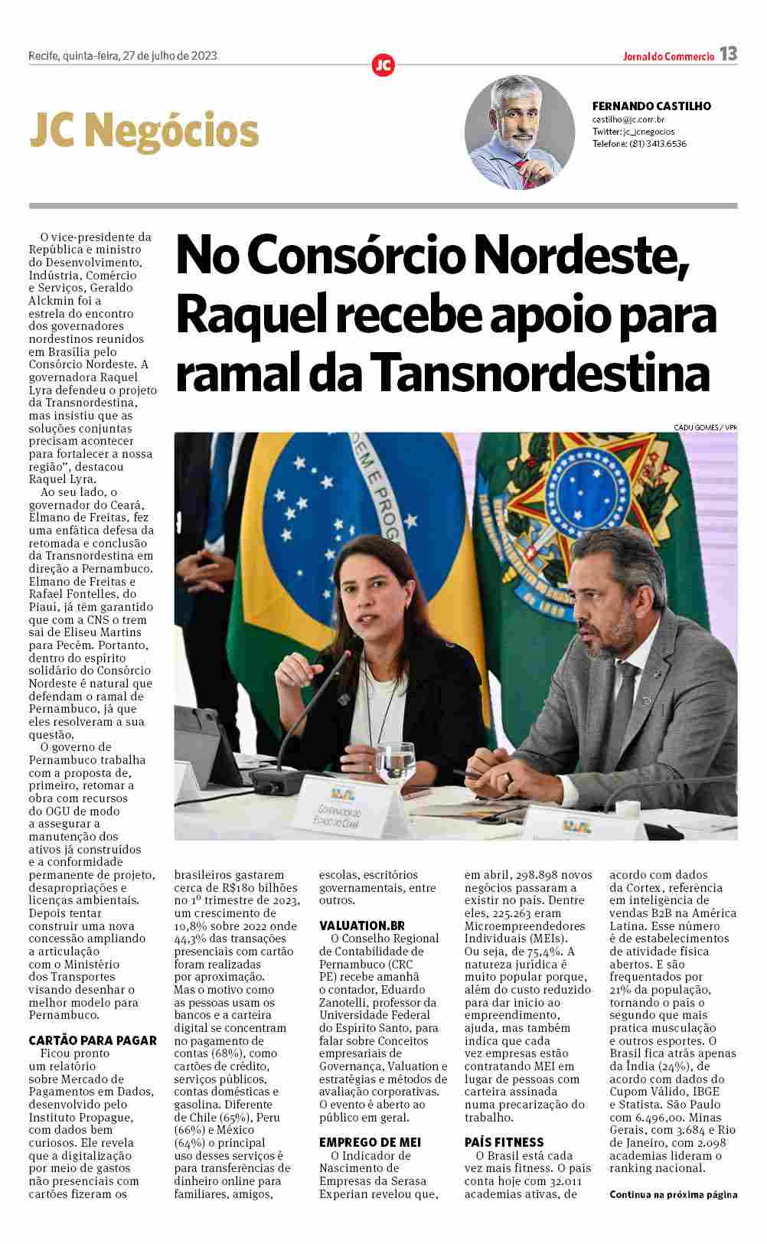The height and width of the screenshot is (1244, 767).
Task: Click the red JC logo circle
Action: [x=383, y=65]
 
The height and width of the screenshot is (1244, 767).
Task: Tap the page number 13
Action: [x=728, y=54]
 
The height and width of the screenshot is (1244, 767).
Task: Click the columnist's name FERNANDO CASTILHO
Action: [x=651, y=106]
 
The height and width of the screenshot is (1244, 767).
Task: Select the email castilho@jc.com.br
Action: [x=628, y=120]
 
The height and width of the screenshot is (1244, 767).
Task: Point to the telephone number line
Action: [x=639, y=143]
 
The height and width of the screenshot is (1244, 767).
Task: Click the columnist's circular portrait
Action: [x=520, y=132]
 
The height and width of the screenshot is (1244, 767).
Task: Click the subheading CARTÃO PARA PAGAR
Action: [x=93, y=1040]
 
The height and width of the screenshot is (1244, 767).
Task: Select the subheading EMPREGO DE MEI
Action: [x=370, y=1142]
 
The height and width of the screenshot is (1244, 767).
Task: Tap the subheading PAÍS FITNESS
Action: [x=504, y=1142]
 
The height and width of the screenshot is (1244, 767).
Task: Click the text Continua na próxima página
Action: [x=673, y=1194]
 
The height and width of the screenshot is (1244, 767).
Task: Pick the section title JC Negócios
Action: [x=144, y=131]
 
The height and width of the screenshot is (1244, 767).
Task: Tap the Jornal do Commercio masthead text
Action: [x=668, y=56]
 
